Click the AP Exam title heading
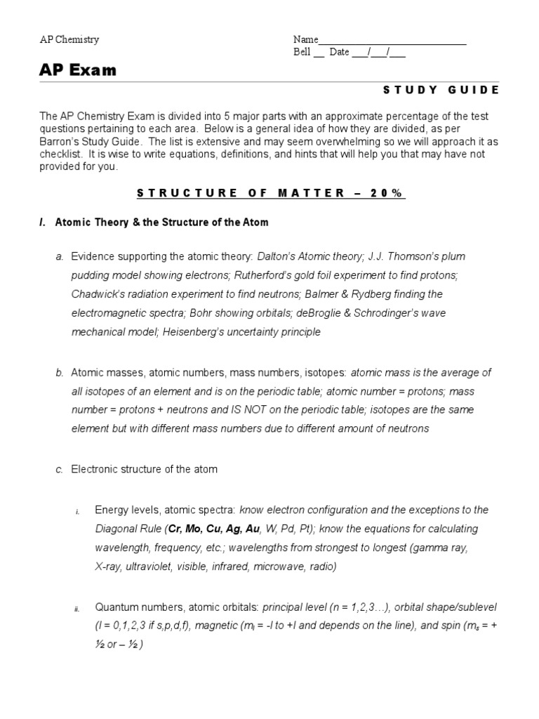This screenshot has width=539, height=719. [x=78, y=71]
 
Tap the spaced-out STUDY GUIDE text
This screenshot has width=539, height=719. [x=441, y=90]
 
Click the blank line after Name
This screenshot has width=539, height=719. [x=392, y=41]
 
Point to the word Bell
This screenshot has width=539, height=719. [x=302, y=53]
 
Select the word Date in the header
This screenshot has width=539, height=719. [x=339, y=53]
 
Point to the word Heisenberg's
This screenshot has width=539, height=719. [x=194, y=332]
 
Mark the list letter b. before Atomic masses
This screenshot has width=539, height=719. [x=59, y=372]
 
